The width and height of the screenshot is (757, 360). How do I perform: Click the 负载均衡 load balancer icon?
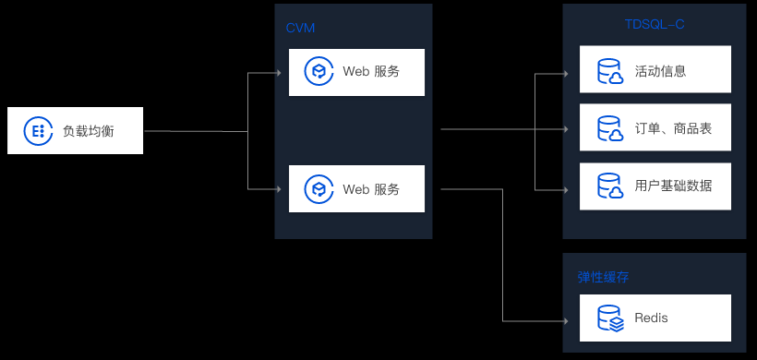(x=38, y=130)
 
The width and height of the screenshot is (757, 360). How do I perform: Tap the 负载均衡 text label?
(x=89, y=131)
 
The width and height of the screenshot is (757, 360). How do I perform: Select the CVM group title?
(x=300, y=28)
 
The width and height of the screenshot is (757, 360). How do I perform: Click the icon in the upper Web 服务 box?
(x=318, y=71)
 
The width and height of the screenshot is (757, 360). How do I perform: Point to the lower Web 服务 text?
(x=371, y=189)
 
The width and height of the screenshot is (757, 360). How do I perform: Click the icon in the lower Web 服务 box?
(x=318, y=188)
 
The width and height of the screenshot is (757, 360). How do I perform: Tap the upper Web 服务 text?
(x=371, y=71)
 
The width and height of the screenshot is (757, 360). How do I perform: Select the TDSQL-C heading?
(x=655, y=25)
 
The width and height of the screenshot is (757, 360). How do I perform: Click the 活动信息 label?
(x=660, y=71)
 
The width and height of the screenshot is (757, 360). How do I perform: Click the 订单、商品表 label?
(x=673, y=128)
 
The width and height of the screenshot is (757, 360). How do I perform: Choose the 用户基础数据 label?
(x=673, y=186)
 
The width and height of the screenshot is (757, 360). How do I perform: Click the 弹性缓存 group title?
(x=603, y=277)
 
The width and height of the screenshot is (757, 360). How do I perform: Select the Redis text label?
(x=651, y=318)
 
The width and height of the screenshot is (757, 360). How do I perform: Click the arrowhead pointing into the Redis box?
(x=565, y=321)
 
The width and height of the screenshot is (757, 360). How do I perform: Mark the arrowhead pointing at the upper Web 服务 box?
(x=278, y=73)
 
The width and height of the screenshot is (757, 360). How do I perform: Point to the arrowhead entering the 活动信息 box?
(x=565, y=74)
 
